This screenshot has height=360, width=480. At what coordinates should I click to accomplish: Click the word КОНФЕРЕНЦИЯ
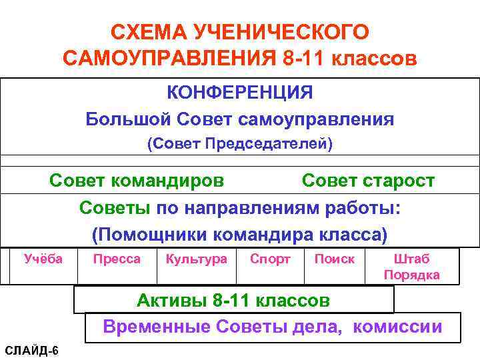[x=239, y=92]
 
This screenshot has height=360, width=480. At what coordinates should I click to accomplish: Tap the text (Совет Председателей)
[x=239, y=144]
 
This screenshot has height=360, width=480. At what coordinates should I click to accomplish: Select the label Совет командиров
[x=137, y=181]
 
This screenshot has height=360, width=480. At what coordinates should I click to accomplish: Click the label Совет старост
[x=368, y=181]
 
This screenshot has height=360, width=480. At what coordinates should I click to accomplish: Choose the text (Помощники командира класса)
[x=239, y=235]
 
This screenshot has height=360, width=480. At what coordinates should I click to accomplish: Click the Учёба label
[x=43, y=259]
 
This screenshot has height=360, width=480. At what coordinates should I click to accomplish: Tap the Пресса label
[x=117, y=259]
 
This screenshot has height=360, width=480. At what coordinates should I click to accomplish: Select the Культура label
[x=196, y=259]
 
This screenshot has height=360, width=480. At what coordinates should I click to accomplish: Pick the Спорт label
[x=270, y=259]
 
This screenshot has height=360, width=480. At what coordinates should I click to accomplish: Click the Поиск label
[x=335, y=259]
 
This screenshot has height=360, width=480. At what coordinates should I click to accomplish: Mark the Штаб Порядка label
[x=411, y=267]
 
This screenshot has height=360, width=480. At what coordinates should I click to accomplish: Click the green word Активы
[x=171, y=300]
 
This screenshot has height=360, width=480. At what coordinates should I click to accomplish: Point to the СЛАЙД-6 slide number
[x=31, y=351]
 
